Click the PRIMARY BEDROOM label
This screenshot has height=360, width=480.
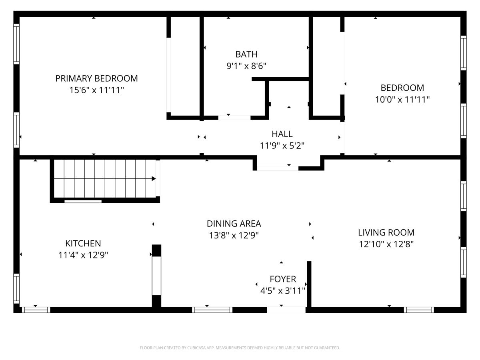96,78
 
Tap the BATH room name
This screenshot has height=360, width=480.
246,54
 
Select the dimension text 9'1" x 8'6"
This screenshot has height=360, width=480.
246,66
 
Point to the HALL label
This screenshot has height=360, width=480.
282,134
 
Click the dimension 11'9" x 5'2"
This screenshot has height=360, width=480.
282,146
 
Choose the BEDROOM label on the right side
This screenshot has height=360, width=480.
402,88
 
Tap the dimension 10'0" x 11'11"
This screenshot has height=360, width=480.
402,99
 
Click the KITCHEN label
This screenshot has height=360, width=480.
83,243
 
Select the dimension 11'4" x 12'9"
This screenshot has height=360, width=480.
83,255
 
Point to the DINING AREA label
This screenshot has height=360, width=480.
234,224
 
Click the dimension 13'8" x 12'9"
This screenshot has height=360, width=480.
234,235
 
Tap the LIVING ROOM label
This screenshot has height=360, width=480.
386,232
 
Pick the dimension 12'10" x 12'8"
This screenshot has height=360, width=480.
386,244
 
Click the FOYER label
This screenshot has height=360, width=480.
283,279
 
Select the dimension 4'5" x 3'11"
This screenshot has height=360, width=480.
283,290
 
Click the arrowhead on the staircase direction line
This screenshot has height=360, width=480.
154,178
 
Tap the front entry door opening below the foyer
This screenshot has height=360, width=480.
286,310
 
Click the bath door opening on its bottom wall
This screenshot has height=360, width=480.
234,118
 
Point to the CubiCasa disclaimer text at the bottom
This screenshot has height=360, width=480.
240,348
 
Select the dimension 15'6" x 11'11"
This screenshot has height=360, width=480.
96,90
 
